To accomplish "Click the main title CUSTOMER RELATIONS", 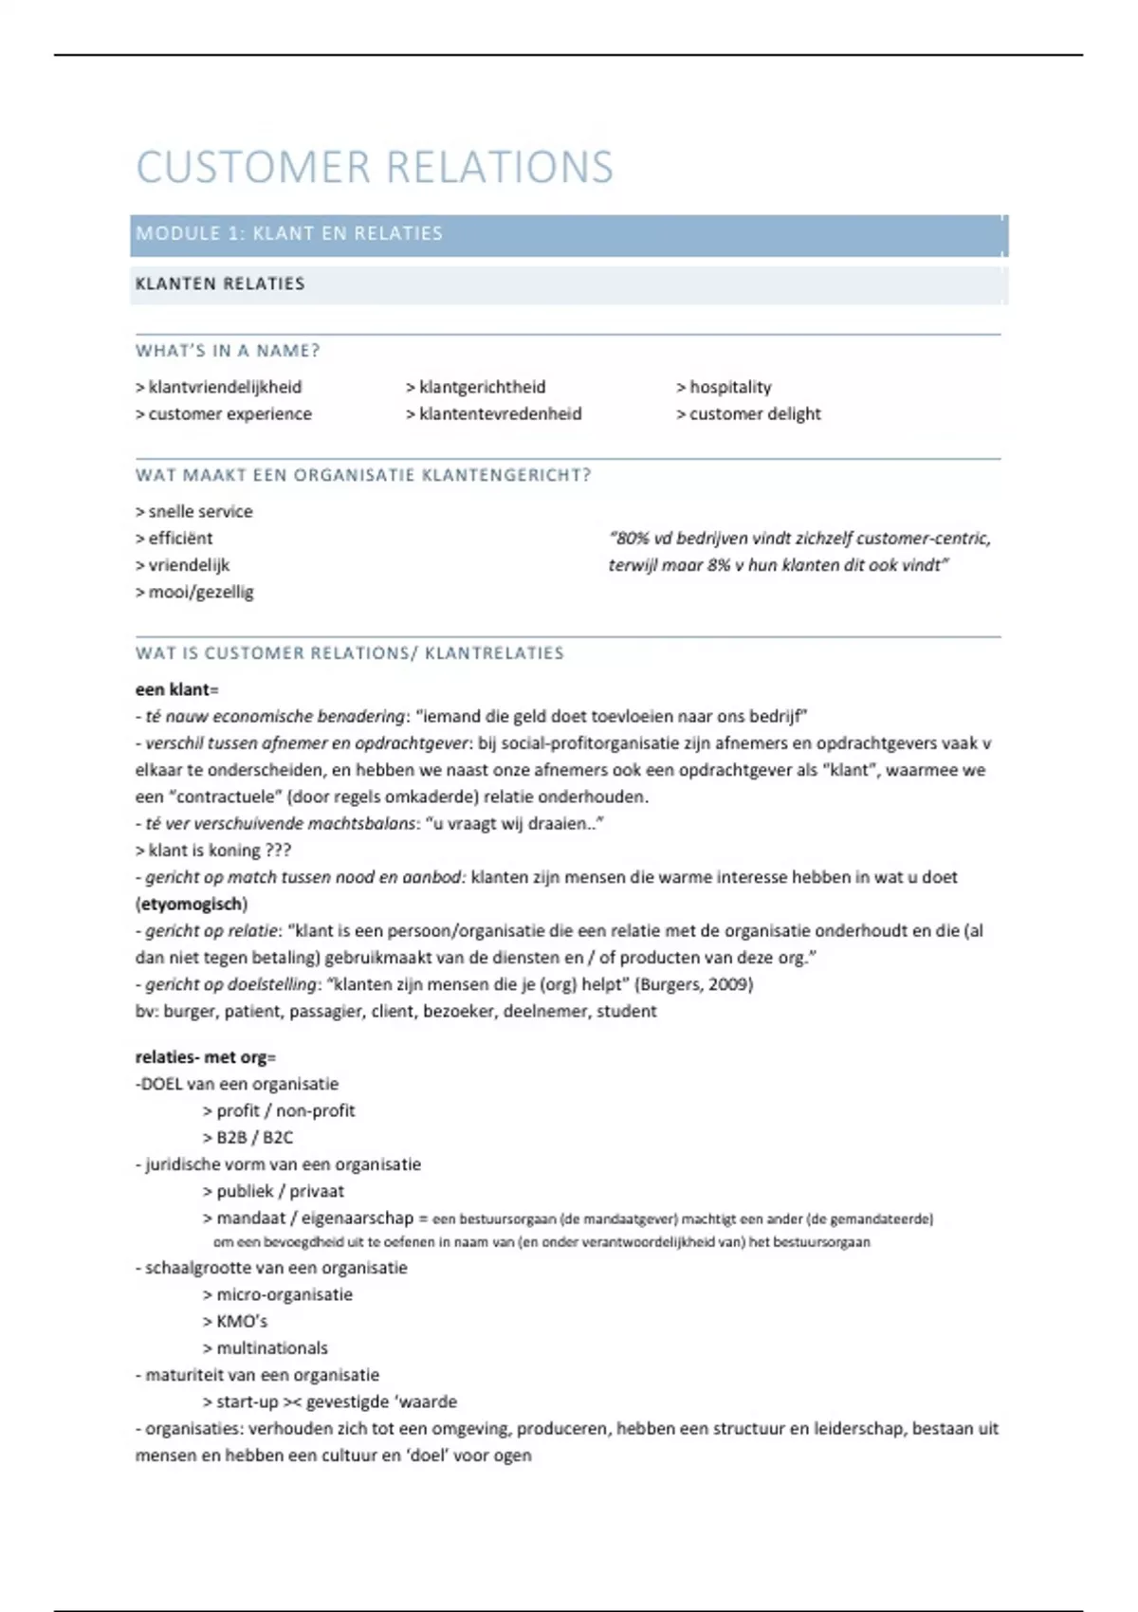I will coord(375,168).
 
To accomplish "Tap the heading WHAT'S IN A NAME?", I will coord(228,351).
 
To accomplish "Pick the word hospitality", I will coord(730,387).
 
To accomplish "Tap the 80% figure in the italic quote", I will coord(632,539).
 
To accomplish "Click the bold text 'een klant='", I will coord(176,689).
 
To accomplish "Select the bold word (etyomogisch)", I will coord(192,904).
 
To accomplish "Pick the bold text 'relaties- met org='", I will coord(205,1057).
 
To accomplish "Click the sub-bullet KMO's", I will coord(242,1321).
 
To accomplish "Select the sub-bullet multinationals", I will coord(271,1347).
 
